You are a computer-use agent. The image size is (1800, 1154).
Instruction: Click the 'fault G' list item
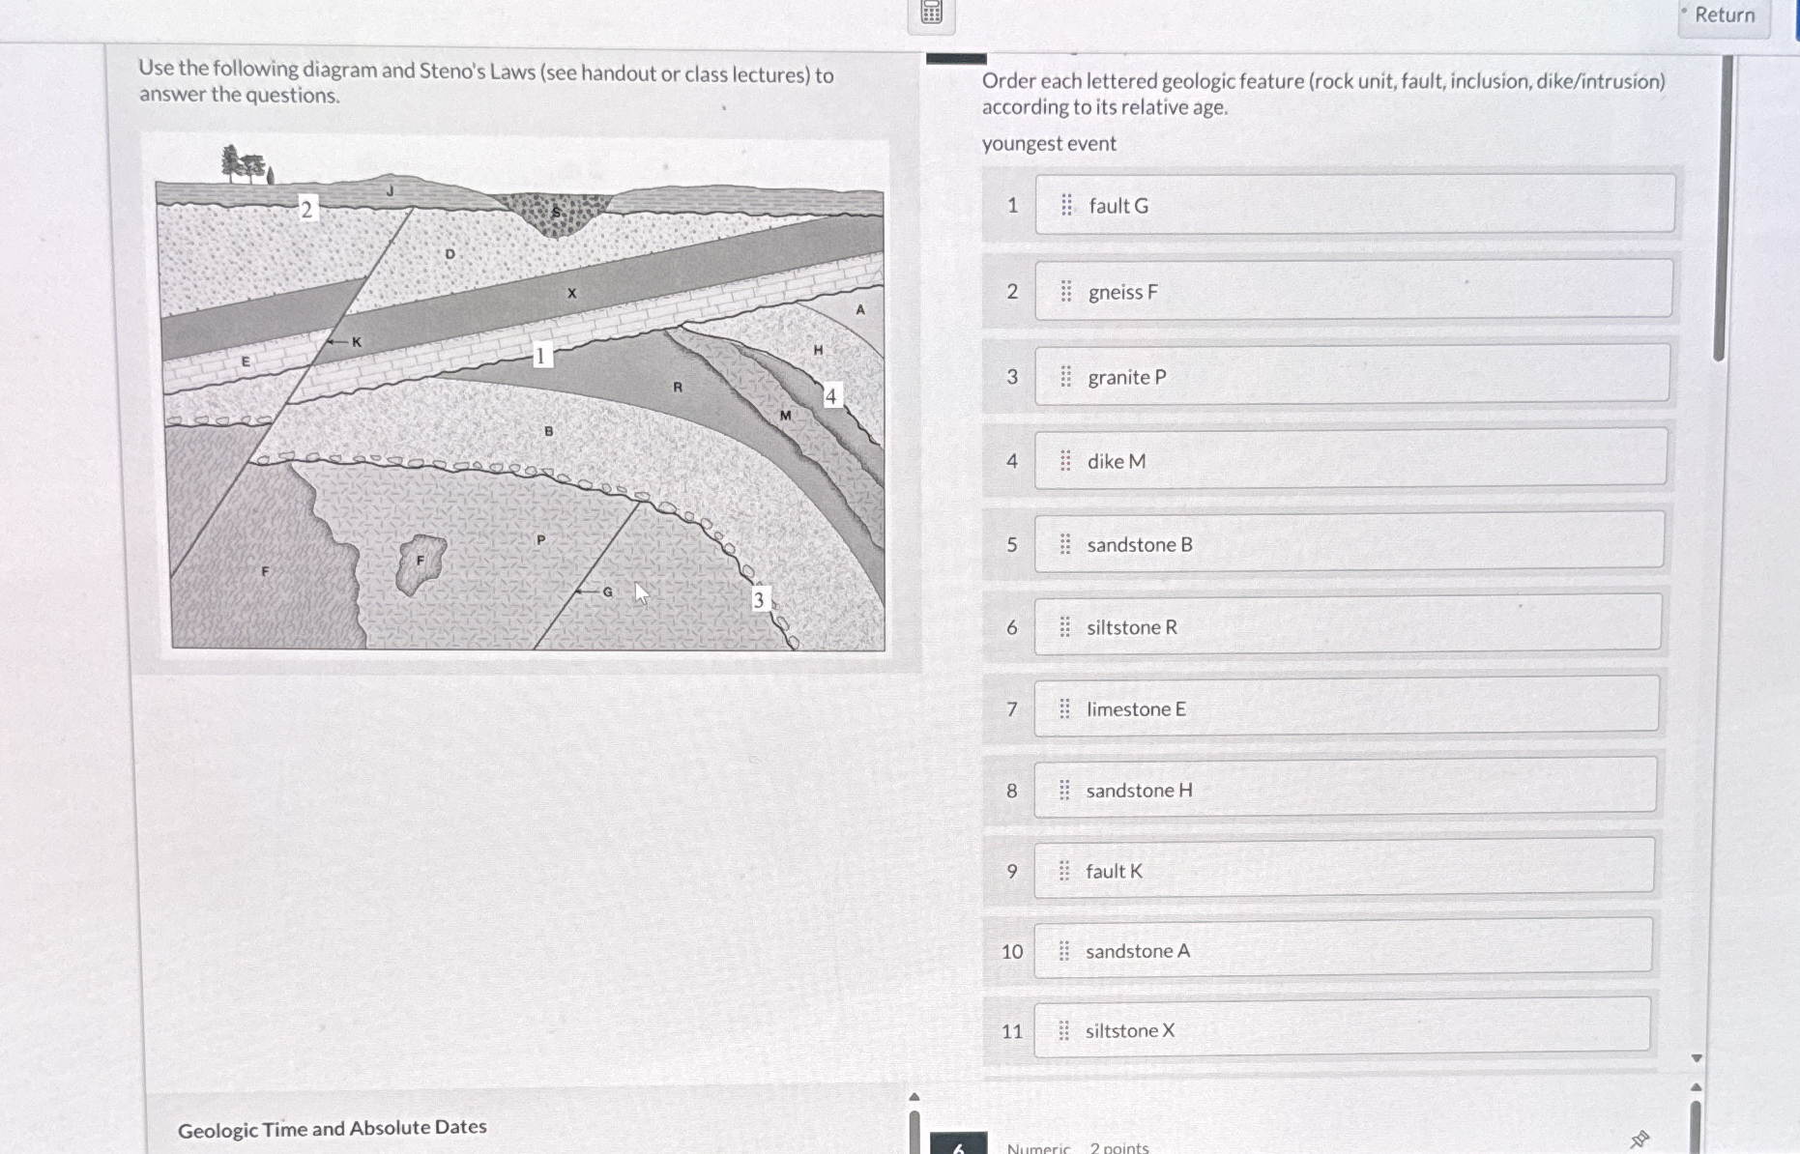(x=1354, y=204)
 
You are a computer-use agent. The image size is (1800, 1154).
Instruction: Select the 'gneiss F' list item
(x=1353, y=289)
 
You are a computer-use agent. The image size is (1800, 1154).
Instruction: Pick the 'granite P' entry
(x=1351, y=374)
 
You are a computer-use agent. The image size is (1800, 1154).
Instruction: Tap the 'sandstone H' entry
(x=1346, y=788)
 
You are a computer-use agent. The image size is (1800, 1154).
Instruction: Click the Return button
(x=1725, y=16)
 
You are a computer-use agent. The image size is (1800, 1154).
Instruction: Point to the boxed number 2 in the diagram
(x=306, y=208)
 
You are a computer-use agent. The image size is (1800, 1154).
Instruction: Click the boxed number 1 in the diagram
(x=541, y=356)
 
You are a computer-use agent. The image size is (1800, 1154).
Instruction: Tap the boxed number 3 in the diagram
(x=759, y=599)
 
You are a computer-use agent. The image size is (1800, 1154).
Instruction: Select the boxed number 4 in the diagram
(x=830, y=395)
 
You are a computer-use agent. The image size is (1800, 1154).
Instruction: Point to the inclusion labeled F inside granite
(x=421, y=563)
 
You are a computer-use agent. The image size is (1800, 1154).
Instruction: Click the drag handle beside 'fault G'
(x=1066, y=205)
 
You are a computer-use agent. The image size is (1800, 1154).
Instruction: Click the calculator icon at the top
(x=931, y=13)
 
